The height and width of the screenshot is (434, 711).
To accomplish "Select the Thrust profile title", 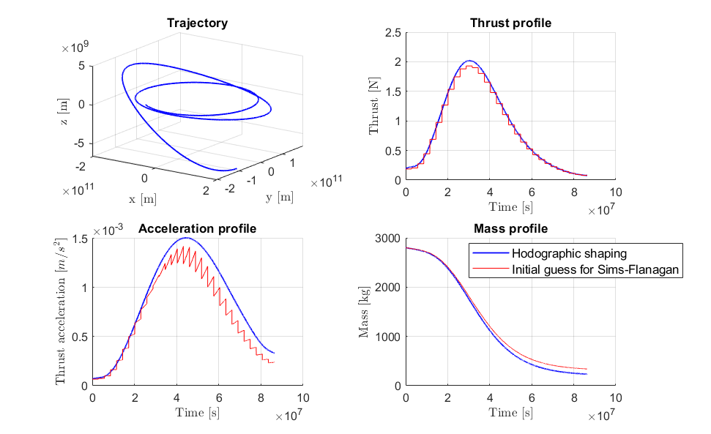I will click(x=510, y=23).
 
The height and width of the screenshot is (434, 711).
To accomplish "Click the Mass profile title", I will click(x=510, y=228).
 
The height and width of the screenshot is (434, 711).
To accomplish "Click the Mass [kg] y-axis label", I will click(x=364, y=312).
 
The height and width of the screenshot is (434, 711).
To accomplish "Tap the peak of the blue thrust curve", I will click(x=469, y=61).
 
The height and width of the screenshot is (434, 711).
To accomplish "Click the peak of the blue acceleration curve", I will click(x=186, y=237).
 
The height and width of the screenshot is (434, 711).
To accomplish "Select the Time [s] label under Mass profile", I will click(x=510, y=412).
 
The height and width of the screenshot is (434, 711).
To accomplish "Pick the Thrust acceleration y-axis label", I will click(x=62, y=312).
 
